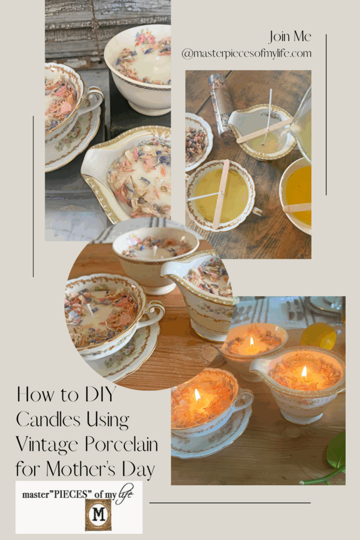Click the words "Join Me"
pyautogui.click(x=290, y=36)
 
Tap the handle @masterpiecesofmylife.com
pyautogui.click(x=246, y=53)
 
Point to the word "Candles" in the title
pyautogui.click(x=48, y=419)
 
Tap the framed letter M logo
pyautogui.click(x=98, y=514)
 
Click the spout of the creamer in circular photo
pyautogui.click(x=171, y=269)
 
